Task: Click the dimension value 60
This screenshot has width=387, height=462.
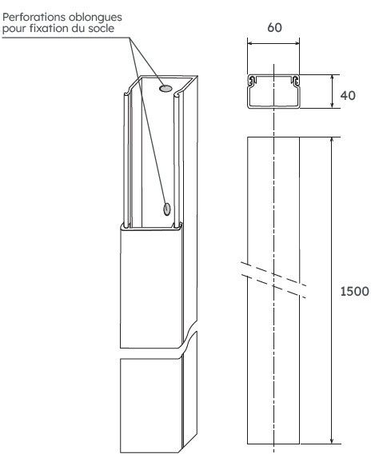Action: click(x=273, y=26)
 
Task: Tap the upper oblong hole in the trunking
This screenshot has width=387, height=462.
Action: click(x=166, y=90)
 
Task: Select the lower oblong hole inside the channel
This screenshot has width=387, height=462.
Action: click(x=167, y=209)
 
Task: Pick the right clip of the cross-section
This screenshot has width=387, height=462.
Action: click(x=294, y=81)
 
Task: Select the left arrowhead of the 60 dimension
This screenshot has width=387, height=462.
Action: click(x=249, y=44)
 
